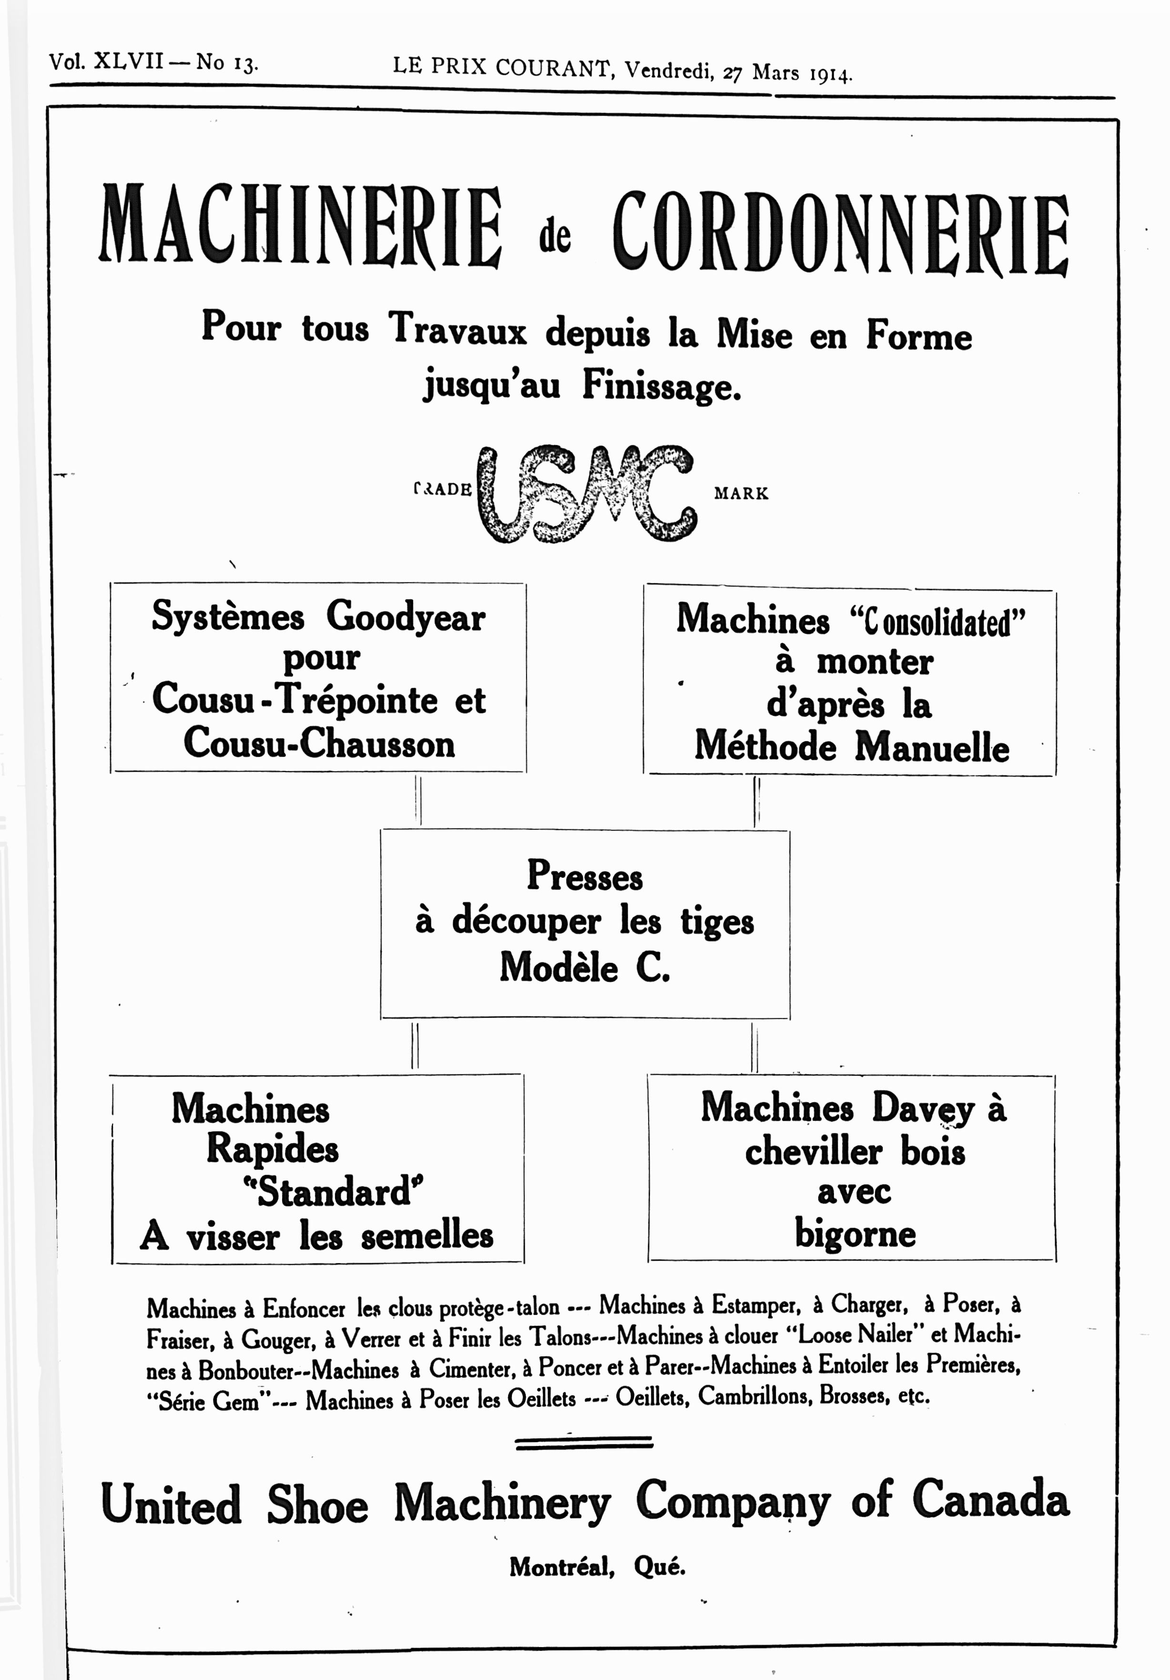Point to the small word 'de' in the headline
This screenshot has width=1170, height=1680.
coord(555,237)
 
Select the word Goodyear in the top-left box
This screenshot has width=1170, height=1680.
coord(406,617)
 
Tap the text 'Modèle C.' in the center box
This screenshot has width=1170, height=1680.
coord(585,967)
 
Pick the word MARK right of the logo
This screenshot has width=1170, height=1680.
coord(741,494)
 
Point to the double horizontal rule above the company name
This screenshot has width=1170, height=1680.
coord(584,1442)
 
